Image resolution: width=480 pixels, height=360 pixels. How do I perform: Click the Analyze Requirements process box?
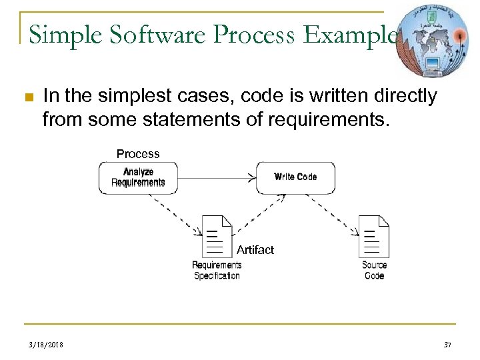tap(138, 178)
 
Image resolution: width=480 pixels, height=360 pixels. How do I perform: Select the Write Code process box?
tap(295, 177)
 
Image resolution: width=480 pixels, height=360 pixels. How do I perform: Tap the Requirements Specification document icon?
tap(217, 236)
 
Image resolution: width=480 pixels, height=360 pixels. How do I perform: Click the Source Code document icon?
tap(374, 236)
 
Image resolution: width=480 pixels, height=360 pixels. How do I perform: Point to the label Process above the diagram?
tap(138, 154)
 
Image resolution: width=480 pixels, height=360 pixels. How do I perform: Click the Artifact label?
tap(255, 250)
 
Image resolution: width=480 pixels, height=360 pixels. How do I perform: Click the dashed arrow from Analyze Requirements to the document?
tap(175, 213)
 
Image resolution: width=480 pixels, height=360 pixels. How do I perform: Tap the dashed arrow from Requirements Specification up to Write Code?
tap(260, 213)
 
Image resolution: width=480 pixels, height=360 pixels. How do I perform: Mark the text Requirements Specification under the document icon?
tap(217, 270)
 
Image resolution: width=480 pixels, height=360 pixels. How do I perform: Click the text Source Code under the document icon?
tap(374, 270)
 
